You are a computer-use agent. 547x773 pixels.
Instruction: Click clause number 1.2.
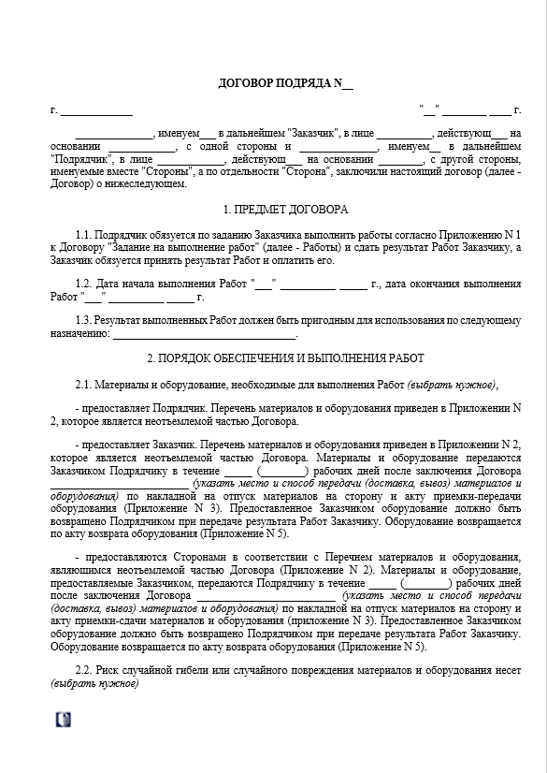[x=84, y=284]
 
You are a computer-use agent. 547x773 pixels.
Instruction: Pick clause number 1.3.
[x=84, y=320]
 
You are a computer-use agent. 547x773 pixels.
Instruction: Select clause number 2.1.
[x=84, y=384]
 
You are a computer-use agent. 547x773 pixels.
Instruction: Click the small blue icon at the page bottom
[x=63, y=719]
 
